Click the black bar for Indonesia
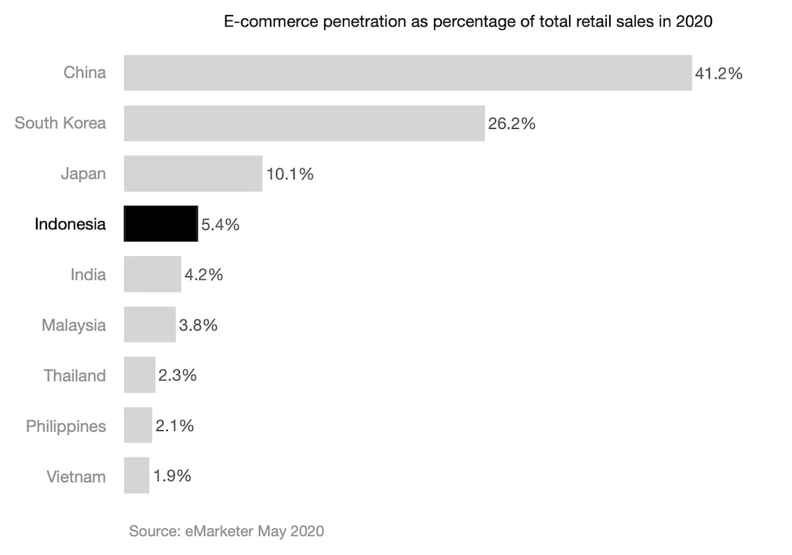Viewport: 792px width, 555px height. [161, 224]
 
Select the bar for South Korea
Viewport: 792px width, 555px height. [304, 123]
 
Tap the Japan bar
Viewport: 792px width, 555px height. [193, 173]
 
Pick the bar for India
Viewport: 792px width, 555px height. [152, 275]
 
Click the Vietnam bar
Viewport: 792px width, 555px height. [137, 476]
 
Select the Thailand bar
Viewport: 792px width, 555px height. [140, 375]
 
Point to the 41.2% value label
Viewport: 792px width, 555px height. [718, 74]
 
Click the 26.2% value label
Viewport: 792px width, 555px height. [512, 123]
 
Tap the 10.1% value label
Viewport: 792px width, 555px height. [290, 174]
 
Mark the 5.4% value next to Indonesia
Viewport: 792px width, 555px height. [221, 225]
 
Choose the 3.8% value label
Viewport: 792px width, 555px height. [199, 325]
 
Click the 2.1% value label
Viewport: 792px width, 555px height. [174, 425]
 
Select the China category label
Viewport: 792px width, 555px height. [85, 73]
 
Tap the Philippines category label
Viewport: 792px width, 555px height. [66, 426]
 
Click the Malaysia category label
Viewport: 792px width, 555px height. [74, 325]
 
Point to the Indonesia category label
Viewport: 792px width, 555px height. [70, 225]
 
